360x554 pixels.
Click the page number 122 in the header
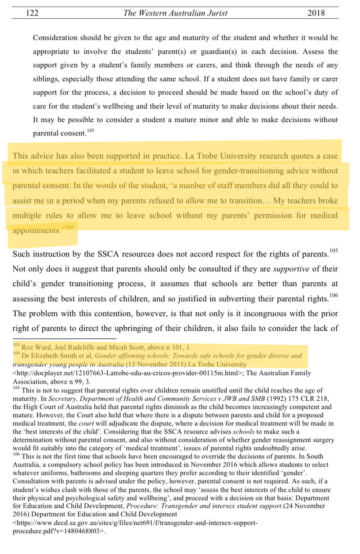tap(32, 13)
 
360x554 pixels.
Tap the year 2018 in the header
tap(316, 13)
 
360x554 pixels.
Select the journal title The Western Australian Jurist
tap(175, 13)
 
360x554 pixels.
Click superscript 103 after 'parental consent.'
tap(90, 130)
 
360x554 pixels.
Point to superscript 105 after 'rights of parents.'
tap(334, 250)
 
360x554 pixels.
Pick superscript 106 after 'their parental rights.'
tap(334, 295)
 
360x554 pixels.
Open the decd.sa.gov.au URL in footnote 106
tap(135, 523)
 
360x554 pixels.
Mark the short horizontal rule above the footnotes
tap(64, 339)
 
